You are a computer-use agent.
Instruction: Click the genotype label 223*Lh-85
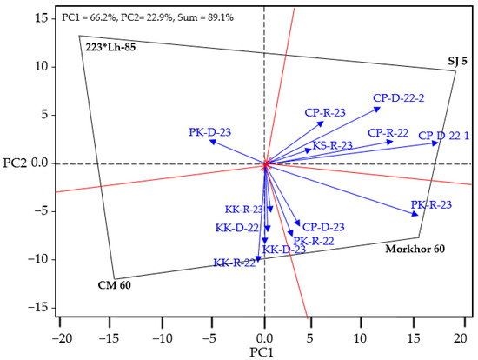110,48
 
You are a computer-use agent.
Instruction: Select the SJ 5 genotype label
457,62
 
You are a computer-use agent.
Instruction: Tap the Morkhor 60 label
415,249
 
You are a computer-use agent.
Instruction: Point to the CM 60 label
115,285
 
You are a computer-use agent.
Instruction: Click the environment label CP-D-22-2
398,98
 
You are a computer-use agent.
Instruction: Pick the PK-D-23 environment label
210,132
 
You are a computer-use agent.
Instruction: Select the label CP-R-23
325,113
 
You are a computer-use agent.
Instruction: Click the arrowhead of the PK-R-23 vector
415,214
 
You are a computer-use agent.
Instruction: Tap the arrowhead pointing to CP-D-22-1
435,143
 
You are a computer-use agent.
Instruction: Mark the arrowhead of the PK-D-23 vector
213,142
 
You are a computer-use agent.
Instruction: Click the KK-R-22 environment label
234,263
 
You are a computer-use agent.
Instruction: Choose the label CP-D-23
323,227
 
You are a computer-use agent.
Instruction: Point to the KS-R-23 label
333,145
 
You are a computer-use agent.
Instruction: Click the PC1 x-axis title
262,353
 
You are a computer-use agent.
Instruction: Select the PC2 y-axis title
15,163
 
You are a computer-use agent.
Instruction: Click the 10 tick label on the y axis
41,66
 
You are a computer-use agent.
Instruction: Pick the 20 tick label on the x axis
461,338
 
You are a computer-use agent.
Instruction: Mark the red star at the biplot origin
264,164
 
